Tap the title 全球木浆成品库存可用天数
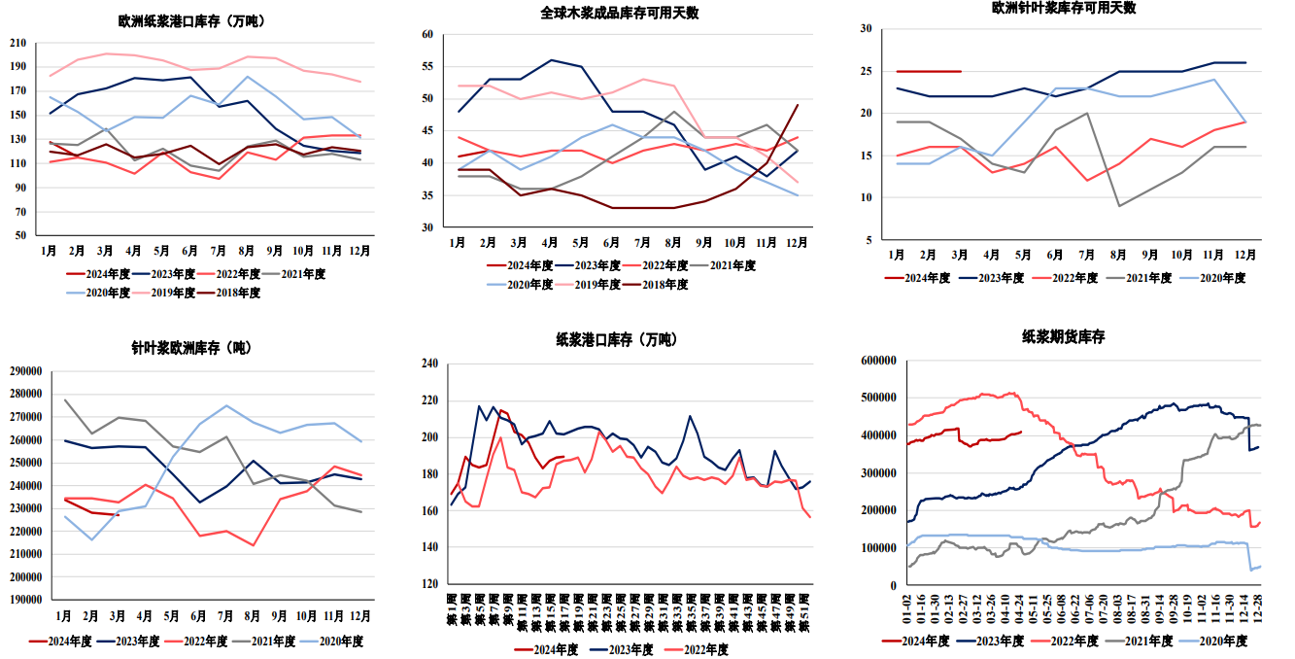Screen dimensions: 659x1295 coord(620,13)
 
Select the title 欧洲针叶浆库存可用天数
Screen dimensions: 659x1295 coord(1050,8)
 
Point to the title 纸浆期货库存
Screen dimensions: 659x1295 coord(1063,337)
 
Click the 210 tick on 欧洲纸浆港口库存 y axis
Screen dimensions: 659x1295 coord(18,43)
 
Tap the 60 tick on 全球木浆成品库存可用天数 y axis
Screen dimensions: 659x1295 coord(426,34)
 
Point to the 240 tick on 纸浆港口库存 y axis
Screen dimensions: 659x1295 coord(429,364)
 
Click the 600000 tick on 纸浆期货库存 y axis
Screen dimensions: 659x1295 coord(877,361)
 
